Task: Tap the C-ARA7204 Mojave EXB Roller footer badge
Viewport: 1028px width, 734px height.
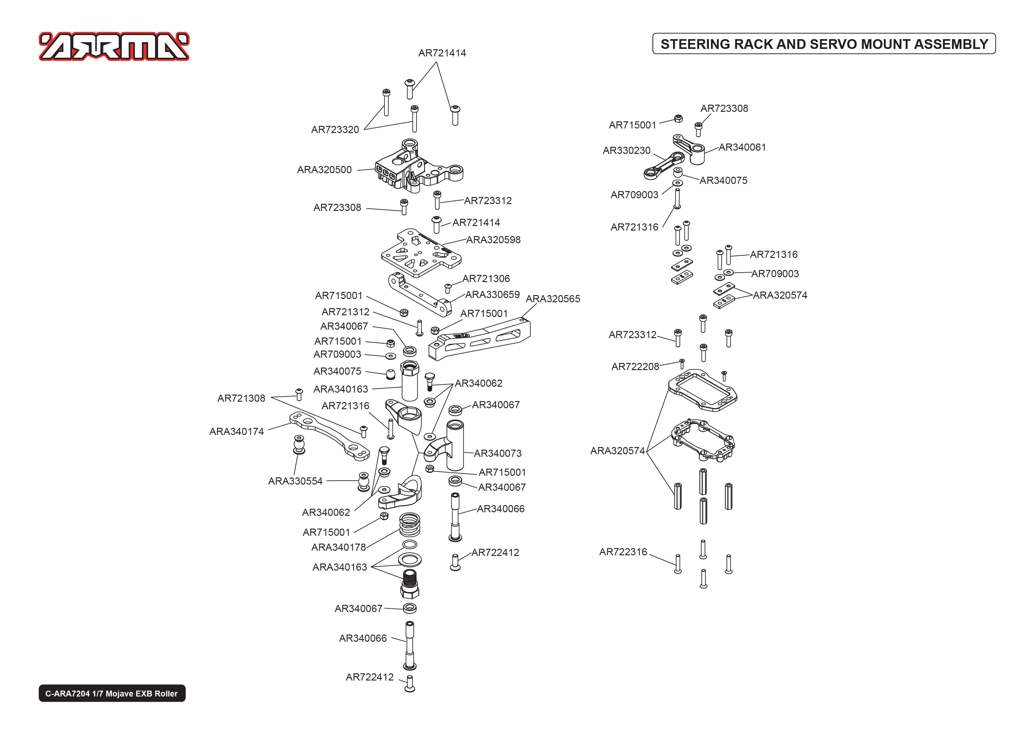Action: (112, 693)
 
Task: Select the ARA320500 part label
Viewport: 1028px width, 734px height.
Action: (324, 170)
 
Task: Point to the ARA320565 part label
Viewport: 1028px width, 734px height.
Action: (552, 299)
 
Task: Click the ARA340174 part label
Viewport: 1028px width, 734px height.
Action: (237, 432)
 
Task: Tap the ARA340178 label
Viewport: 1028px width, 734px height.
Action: (338, 547)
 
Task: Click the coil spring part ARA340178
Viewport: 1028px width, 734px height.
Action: (409, 524)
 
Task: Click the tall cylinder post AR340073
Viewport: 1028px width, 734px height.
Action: (455, 445)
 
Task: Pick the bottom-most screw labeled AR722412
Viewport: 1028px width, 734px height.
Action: (409, 683)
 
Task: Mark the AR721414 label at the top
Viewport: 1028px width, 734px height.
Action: (442, 53)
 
